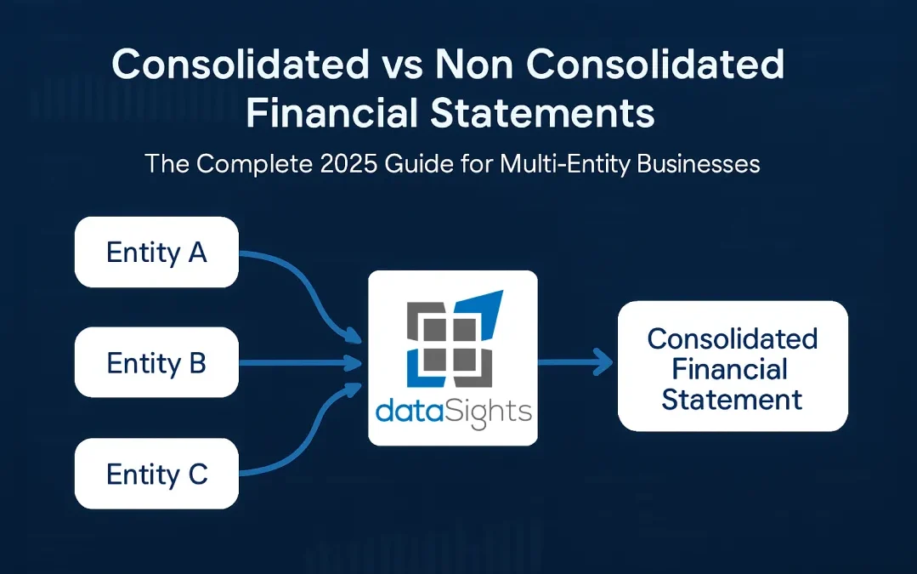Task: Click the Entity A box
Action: (156, 253)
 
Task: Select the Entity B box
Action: (156, 363)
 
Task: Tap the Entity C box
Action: (156, 474)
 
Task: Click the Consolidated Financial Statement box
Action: (732, 367)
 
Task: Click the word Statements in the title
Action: (541, 113)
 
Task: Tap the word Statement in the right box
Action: (732, 399)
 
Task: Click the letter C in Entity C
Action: (197, 474)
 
